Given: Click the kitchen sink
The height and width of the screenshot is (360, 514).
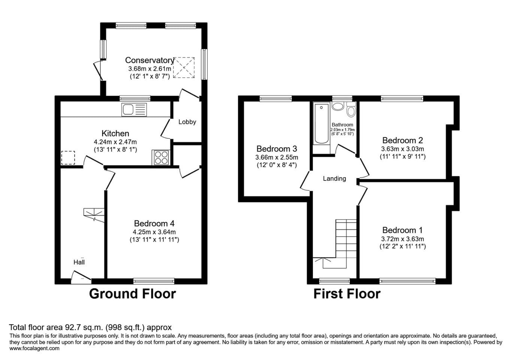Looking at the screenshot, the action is pyautogui.click(x=134, y=109).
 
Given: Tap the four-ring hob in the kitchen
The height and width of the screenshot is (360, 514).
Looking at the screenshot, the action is pyautogui.click(x=161, y=157).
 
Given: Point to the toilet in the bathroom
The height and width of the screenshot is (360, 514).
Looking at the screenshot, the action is pyautogui.click(x=351, y=109).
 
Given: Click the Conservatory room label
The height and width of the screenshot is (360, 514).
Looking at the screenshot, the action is pyautogui.click(x=149, y=60).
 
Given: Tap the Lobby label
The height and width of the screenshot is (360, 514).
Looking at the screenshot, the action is pyautogui.click(x=187, y=122).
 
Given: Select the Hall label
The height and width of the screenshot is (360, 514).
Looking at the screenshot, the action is pyautogui.click(x=79, y=262).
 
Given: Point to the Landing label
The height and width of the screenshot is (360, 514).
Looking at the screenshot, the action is pyautogui.click(x=334, y=178).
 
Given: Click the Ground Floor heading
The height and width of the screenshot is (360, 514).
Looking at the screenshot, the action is pyautogui.click(x=132, y=294).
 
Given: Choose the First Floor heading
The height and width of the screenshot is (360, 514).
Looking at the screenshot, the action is pyautogui.click(x=347, y=294).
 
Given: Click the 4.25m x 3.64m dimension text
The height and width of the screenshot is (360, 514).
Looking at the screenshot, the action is pyautogui.click(x=154, y=232).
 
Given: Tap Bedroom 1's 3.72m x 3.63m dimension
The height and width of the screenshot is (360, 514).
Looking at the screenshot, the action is pyautogui.click(x=402, y=239).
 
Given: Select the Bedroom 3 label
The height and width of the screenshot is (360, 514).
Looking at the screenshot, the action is pyautogui.click(x=277, y=149).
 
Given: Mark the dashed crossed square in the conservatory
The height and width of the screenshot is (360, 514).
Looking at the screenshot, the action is pyautogui.click(x=184, y=68).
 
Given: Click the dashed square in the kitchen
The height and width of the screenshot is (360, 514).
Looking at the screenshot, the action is pyautogui.click(x=68, y=157).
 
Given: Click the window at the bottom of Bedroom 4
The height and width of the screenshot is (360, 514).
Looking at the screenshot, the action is pyautogui.click(x=154, y=281).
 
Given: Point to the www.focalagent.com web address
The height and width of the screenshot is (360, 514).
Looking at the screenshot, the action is pyautogui.click(x=34, y=348).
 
